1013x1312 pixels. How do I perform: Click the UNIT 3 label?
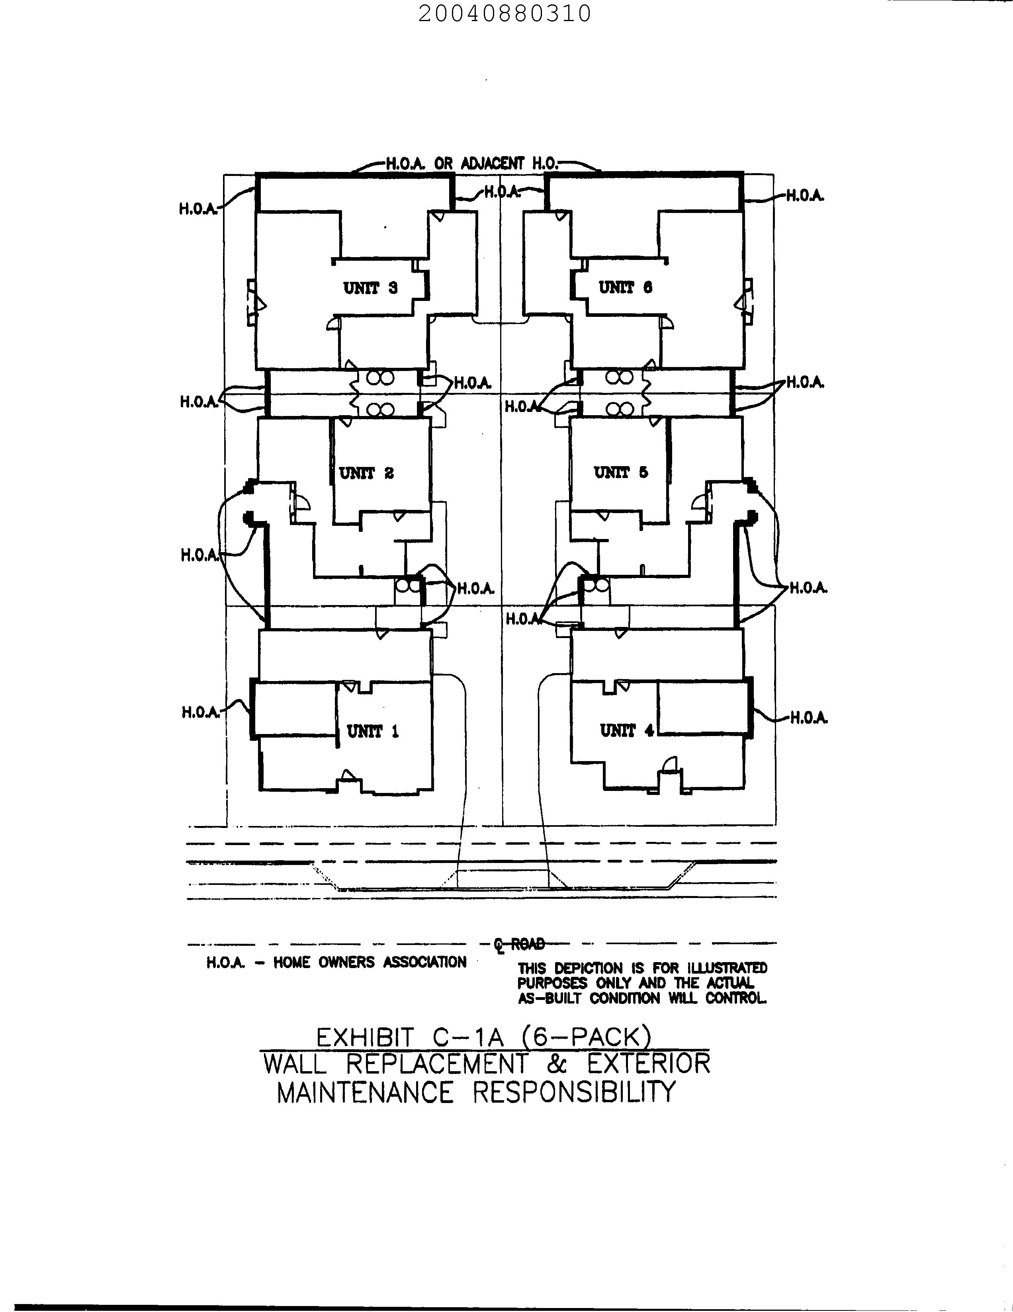(370, 288)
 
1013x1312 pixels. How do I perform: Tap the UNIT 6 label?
(625, 288)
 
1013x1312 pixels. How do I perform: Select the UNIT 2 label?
(366, 473)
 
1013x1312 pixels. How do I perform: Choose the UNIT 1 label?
(373, 732)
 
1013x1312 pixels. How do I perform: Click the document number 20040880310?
(505, 13)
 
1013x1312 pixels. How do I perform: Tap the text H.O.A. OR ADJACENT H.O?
(471, 163)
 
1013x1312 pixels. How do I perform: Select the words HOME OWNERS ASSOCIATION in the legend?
(370, 963)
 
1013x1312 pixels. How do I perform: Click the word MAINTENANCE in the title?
(365, 1092)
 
